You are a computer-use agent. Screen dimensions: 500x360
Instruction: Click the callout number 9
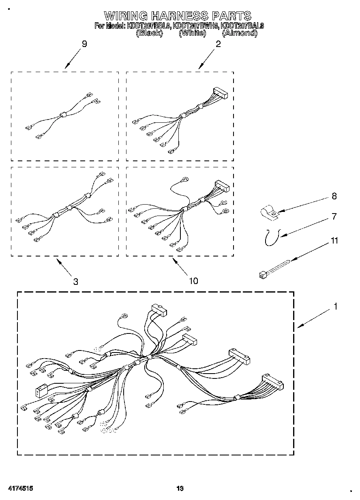84,45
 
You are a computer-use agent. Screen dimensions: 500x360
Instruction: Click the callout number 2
218,45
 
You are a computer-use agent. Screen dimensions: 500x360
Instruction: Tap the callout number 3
76,282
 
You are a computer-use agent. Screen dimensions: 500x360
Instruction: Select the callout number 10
193,281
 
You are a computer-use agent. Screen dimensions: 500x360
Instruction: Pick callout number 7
334,217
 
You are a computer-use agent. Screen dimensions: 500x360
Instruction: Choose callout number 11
334,241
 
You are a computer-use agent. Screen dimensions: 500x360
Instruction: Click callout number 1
335,307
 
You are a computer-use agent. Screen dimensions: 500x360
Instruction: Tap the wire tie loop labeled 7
270,237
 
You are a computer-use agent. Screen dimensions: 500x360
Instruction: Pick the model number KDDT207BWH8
195,26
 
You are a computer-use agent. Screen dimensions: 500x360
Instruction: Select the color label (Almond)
240,34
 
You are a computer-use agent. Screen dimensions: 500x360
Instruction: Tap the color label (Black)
149,34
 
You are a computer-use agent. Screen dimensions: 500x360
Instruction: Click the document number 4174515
20,489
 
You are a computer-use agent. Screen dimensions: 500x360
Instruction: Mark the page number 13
180,489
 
